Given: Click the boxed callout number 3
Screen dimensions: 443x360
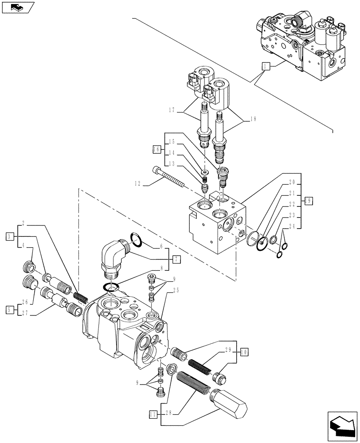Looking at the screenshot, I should point(10,236).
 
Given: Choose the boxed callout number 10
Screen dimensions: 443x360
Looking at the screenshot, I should point(243,352).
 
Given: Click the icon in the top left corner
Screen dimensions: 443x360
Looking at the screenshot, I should point(16,7).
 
